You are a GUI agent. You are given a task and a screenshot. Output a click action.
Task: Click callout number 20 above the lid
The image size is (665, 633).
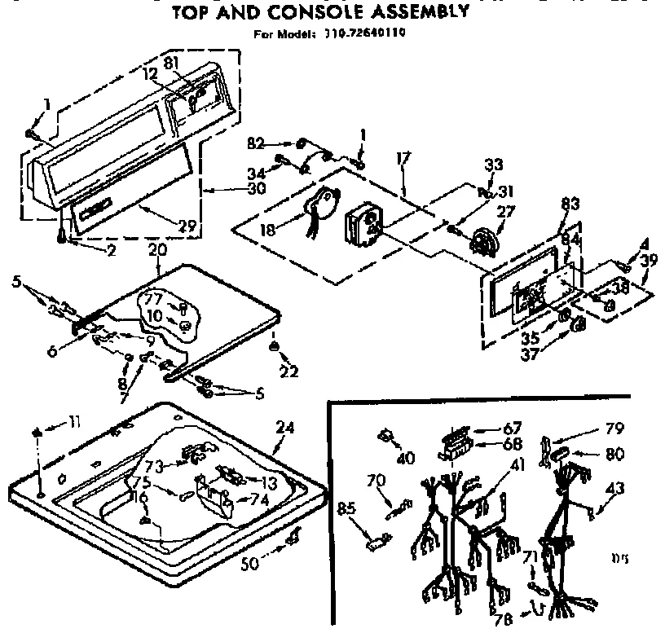[157, 248]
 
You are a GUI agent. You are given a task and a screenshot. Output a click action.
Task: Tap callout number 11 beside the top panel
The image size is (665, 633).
[74, 421]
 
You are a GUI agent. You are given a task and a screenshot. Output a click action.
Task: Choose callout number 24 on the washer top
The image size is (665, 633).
[284, 426]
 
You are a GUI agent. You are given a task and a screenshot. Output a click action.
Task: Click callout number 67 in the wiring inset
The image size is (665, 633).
[513, 429]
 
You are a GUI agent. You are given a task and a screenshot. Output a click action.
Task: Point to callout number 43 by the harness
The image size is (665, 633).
[614, 489]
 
